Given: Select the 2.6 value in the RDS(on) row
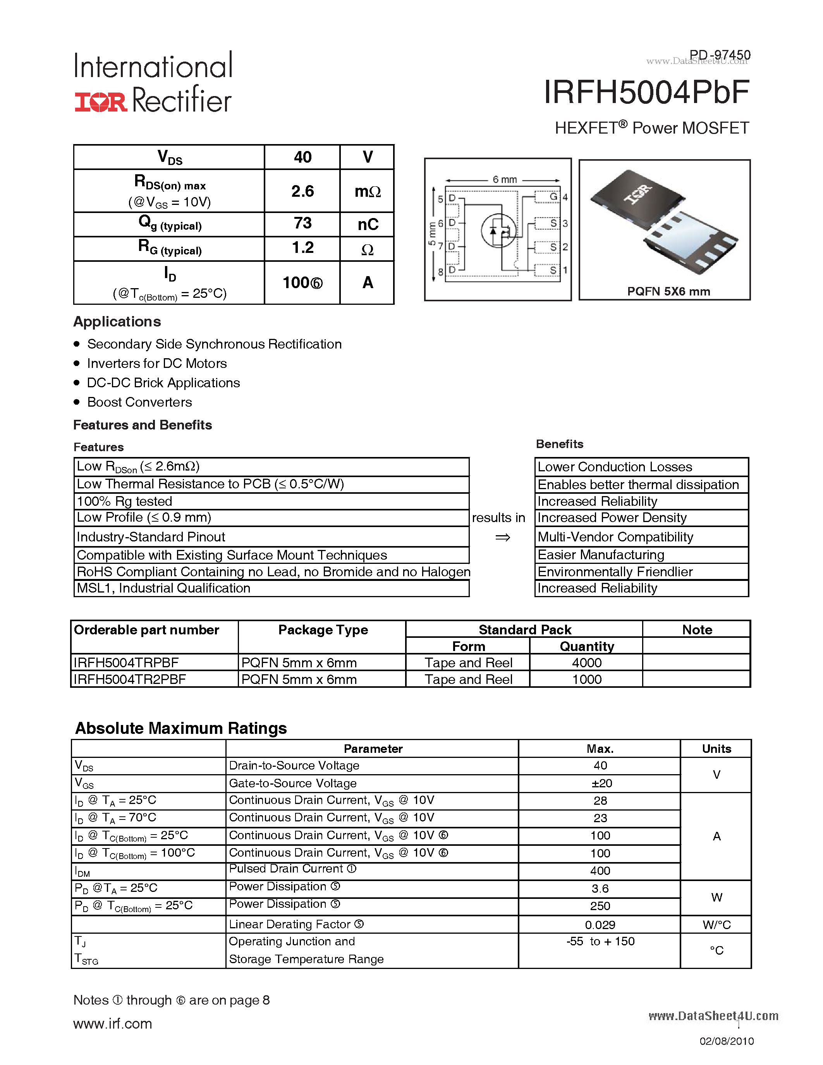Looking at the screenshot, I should pos(302,191).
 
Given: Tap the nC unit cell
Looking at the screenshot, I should pos(368,224).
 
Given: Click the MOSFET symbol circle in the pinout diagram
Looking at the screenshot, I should pos(498,231).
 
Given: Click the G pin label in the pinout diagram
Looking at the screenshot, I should pos(553,196).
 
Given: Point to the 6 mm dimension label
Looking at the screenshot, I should pos(504,179).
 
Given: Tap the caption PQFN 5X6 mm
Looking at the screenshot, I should pos(668,291).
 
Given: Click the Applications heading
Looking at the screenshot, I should pos(117,322).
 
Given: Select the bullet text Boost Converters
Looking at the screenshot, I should pos(139,402).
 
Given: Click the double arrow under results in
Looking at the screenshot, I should pos(502,538).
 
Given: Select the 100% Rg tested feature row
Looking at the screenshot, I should pos(125,501).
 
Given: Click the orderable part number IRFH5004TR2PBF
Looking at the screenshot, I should pos(130,679).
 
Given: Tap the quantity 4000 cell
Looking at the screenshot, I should pos(586,663).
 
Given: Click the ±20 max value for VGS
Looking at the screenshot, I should pos(601,783).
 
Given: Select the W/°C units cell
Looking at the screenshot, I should pos(716,924).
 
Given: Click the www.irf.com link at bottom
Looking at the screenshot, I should pos(113,1024).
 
